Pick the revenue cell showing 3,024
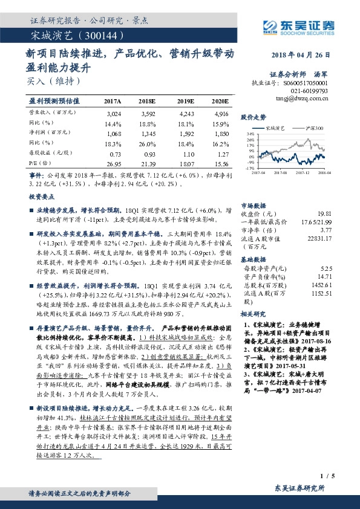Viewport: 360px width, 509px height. point(113,113)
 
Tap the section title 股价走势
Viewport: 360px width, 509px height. point(254,117)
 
